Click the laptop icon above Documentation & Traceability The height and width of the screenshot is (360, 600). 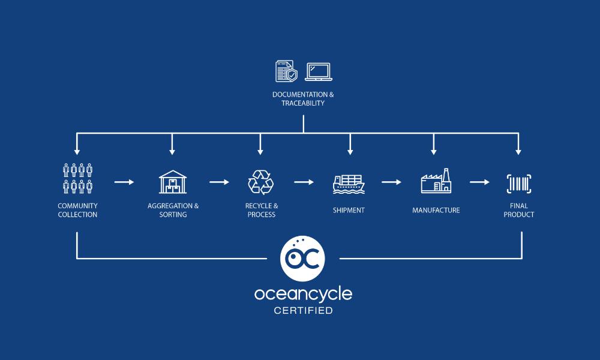click(x=319, y=71)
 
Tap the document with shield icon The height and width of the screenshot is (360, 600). click(x=286, y=71)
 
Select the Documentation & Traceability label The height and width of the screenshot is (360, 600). click(x=303, y=99)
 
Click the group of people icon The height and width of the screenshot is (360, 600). click(x=77, y=178)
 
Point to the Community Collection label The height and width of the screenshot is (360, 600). click(x=77, y=211)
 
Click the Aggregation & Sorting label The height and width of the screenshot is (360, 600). click(x=173, y=211)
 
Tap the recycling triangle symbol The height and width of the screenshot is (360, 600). click(x=260, y=181)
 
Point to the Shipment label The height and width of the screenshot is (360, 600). click(x=349, y=211)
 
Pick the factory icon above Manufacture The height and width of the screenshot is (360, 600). click(x=436, y=181)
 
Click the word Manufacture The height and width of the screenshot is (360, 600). click(x=436, y=211)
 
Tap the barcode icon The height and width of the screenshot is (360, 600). click(x=519, y=184)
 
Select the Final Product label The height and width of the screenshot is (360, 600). click(x=519, y=211)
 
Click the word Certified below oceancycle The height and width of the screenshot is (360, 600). click(x=303, y=311)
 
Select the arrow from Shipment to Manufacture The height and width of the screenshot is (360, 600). click(x=391, y=182)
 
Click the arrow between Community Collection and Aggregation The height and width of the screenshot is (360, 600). click(x=124, y=182)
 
